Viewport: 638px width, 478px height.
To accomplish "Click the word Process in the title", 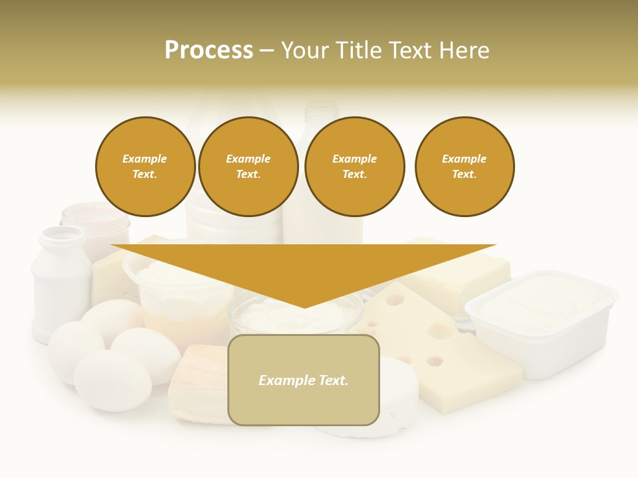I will click(x=209, y=50).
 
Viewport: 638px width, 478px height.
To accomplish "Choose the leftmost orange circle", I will click(x=145, y=167).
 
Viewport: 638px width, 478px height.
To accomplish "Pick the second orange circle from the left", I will click(x=248, y=167).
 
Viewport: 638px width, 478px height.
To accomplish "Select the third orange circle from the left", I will click(x=354, y=167).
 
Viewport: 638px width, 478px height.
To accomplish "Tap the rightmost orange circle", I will click(x=464, y=167).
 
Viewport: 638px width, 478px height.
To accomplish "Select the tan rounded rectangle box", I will click(x=304, y=380).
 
